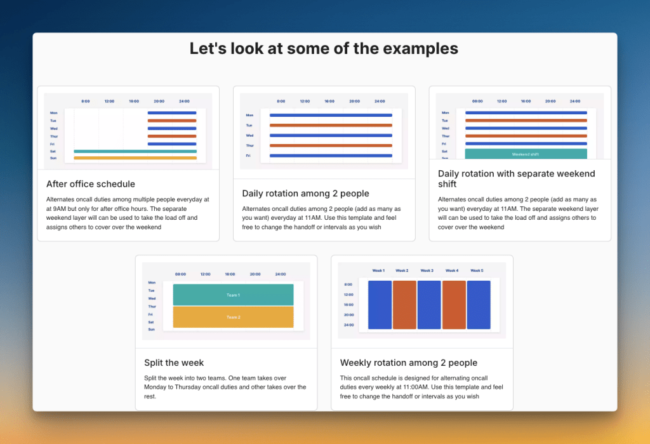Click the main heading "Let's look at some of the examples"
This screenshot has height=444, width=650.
[x=324, y=48]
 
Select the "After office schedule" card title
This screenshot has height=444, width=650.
[x=91, y=184]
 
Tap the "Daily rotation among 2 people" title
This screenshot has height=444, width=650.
[x=305, y=193]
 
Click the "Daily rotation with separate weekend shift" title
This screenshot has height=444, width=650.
[x=517, y=178]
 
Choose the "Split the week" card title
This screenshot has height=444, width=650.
[x=174, y=363]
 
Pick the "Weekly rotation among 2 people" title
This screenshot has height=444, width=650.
[x=408, y=363]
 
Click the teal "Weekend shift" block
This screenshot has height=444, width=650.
[x=526, y=154]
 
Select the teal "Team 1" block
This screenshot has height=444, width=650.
[x=233, y=295]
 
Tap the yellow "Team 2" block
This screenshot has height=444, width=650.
[x=233, y=317]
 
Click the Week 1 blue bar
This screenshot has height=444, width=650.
[x=380, y=305]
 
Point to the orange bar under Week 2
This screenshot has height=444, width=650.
[x=404, y=305]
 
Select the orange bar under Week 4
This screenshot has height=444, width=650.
[x=454, y=305]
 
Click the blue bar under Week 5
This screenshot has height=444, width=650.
[x=479, y=305]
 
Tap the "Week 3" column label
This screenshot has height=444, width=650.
[x=427, y=271]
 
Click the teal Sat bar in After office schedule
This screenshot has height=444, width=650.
[x=135, y=151]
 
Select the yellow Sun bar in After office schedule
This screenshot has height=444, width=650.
[x=135, y=158]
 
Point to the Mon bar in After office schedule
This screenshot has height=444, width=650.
[x=172, y=113]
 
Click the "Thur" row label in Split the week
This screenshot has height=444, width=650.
[x=152, y=306]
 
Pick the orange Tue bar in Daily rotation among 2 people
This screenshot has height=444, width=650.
[x=331, y=125]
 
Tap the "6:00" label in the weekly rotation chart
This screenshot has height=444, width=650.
[x=348, y=285]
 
